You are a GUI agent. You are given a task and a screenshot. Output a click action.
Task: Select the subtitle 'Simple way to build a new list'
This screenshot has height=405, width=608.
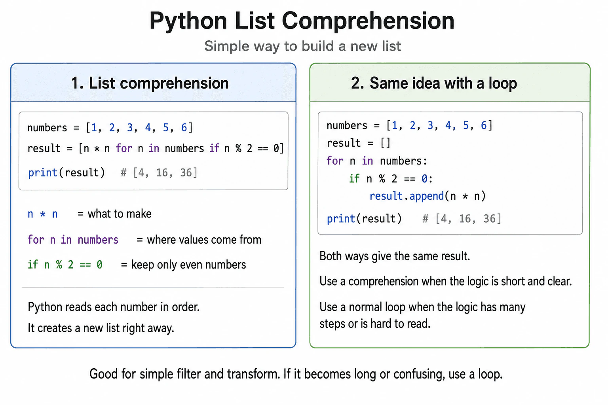(x=302, y=46)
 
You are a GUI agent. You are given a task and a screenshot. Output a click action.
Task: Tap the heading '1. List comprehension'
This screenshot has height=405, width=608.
(x=150, y=83)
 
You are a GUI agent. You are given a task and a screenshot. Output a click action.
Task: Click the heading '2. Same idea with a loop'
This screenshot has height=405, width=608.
(x=434, y=83)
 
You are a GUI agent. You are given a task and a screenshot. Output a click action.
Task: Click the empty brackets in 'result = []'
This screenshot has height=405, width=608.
(x=386, y=143)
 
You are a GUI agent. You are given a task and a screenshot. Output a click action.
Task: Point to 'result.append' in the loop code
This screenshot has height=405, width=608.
(x=407, y=196)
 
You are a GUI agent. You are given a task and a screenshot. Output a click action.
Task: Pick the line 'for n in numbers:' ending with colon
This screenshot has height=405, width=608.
(x=377, y=161)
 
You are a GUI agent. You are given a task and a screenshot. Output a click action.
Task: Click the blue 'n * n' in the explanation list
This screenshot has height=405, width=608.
(x=43, y=214)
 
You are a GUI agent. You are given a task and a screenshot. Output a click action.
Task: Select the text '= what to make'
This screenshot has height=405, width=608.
(x=114, y=214)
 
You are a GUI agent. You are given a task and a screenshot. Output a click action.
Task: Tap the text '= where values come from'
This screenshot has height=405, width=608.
(x=199, y=240)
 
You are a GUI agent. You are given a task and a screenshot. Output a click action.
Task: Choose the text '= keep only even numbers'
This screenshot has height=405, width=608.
(x=184, y=265)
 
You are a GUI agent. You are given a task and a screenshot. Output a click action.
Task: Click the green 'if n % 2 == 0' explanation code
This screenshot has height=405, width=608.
(x=65, y=265)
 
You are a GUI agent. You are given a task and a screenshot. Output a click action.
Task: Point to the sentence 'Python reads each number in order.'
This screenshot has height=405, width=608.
(x=114, y=307)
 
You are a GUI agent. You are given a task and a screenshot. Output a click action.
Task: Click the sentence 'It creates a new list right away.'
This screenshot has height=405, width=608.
(x=101, y=328)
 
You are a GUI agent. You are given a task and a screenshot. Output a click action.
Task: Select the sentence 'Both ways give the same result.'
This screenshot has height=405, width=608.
(x=395, y=256)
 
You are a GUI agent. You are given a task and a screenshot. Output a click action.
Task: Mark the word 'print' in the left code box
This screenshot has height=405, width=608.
(x=43, y=173)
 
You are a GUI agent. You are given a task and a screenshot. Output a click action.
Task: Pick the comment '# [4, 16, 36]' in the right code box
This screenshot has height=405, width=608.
(x=462, y=219)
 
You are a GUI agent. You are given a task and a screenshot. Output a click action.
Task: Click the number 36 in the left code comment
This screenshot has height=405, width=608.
(x=186, y=173)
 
